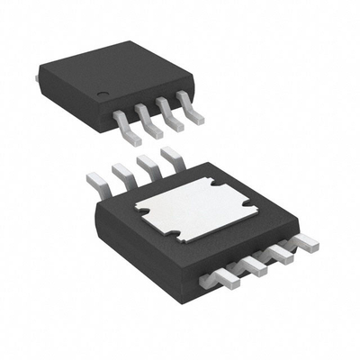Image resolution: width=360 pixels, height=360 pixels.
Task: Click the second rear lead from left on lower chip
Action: (x=121, y=175)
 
